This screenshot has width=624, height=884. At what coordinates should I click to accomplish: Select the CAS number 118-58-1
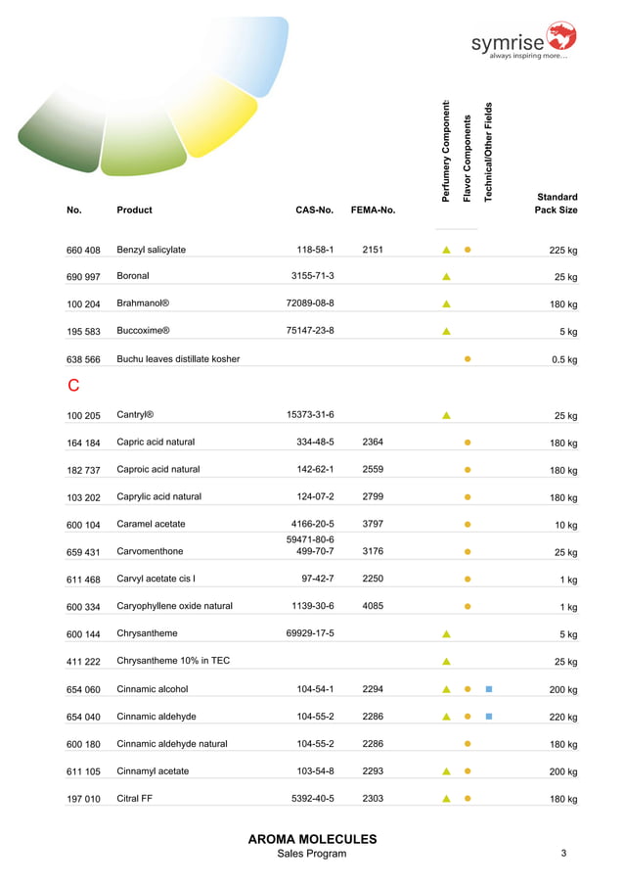(315, 250)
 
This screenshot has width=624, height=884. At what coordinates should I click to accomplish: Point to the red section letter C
(72, 387)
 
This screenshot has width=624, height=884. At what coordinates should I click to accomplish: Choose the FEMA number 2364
(373, 442)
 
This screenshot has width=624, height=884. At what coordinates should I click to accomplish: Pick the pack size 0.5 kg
(562, 360)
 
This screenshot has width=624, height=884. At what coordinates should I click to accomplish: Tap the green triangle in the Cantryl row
(446, 415)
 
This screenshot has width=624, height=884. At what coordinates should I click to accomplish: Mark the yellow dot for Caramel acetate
(468, 525)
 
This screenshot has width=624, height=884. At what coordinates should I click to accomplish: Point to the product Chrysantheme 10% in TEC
(173, 662)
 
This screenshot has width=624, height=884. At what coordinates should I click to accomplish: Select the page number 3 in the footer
(563, 854)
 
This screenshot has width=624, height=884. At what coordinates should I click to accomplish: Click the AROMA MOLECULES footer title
(312, 839)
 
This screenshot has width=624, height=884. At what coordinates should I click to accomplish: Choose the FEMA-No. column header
(373, 209)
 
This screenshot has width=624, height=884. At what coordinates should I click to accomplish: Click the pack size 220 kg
(562, 718)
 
